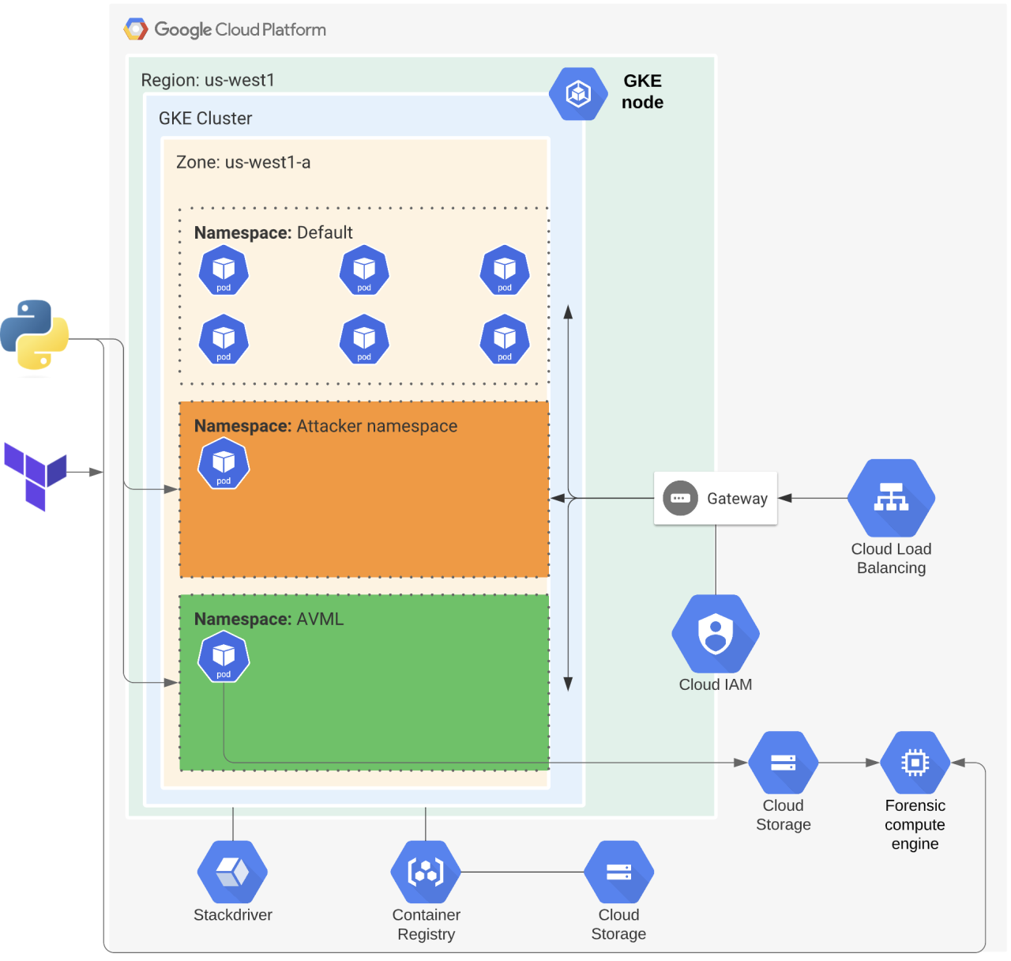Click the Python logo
click(x=35, y=334)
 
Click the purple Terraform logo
click(x=36, y=476)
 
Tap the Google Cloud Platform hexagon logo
click(x=136, y=30)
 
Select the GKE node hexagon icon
click(x=578, y=94)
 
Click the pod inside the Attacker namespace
click(x=224, y=464)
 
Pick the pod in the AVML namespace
click(x=224, y=657)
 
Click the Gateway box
click(x=716, y=499)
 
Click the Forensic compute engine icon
click(x=915, y=763)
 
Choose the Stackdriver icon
click(x=233, y=872)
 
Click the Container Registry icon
click(x=426, y=872)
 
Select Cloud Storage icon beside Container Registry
click(x=618, y=872)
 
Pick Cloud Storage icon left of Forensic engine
click(x=783, y=763)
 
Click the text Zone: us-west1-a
click(x=243, y=163)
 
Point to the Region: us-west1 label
click(x=208, y=81)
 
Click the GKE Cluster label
click(x=205, y=119)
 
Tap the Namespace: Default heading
click(x=273, y=233)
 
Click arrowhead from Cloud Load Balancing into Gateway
click(x=785, y=499)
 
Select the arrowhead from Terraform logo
click(x=96, y=473)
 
